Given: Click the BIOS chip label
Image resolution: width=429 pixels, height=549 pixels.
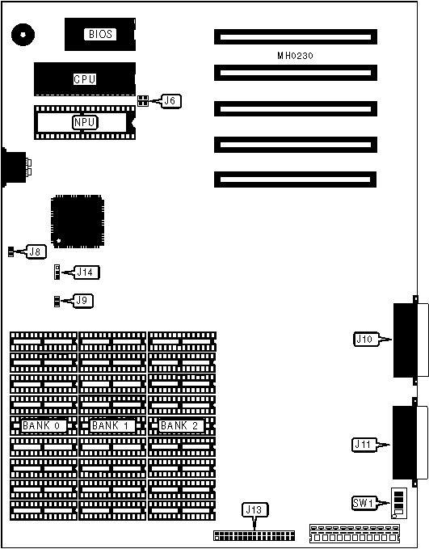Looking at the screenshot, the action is tap(100, 34).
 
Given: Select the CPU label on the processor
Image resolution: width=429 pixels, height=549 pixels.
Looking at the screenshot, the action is tap(85, 79).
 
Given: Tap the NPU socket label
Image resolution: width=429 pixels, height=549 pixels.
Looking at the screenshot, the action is tap(85, 123).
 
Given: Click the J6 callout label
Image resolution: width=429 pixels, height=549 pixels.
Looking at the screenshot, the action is tap(170, 101).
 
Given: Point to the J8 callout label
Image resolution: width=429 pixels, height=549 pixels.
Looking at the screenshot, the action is tap(36, 251).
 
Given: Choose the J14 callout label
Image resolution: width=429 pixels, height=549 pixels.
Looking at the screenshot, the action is tap(86, 272).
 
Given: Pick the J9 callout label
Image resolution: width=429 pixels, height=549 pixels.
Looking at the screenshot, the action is tap(82, 301).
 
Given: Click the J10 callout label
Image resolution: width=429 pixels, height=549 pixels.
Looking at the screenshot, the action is tap(366, 339).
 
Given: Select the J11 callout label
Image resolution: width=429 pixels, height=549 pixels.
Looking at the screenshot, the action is tap(364, 445).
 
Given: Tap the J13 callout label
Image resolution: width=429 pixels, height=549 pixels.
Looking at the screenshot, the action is tap(254, 509).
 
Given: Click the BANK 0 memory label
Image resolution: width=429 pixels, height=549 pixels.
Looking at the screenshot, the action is tap(42, 426).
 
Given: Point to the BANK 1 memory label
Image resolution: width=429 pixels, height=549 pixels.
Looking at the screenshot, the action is tap(111, 426).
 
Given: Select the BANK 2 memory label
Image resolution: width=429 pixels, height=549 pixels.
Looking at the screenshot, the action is tap(180, 426).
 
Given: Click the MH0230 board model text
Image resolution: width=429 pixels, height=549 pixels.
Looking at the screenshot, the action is tap(295, 56).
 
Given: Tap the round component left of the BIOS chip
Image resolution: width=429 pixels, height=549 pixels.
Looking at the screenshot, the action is tap(23, 34).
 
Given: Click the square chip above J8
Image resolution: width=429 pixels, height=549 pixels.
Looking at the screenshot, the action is tap(78, 222).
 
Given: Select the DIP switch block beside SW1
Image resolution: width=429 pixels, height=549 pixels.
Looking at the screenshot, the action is tap(398, 503).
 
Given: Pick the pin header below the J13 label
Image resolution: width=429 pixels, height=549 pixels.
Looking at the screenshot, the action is tap(254, 535).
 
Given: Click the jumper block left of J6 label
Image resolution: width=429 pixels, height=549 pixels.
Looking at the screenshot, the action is tap(143, 101).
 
